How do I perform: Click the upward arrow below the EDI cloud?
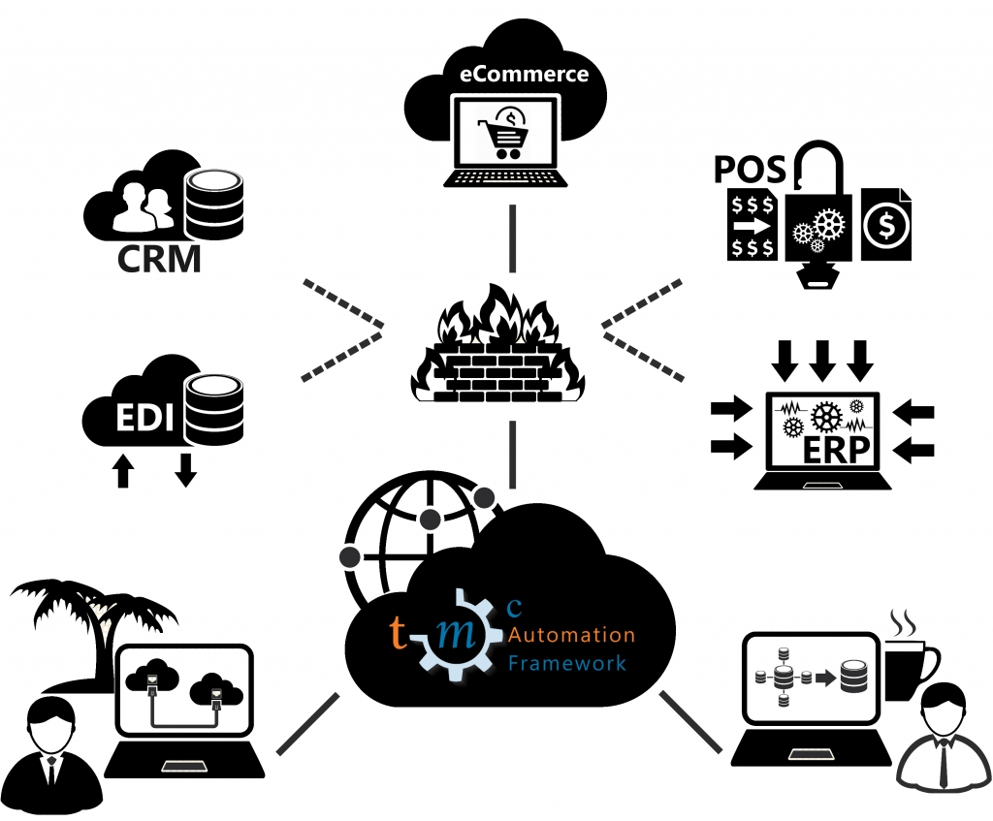123,472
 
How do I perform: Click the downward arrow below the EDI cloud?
185,469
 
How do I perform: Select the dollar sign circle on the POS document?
885,226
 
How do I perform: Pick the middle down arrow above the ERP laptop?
822,359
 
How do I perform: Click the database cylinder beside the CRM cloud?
214,204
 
